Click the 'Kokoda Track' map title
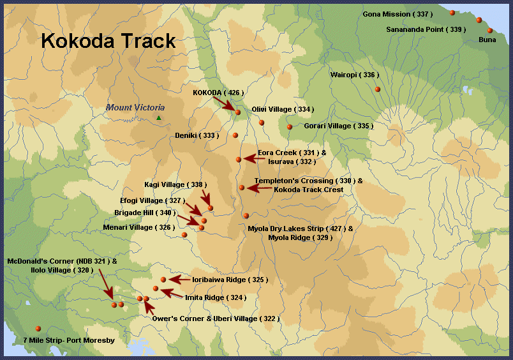pos(108,41)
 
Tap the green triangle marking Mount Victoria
pos(159,118)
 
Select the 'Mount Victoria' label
pos(135,108)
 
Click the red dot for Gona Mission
pos(452,13)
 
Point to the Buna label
pos(487,40)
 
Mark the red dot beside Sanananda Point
pos(479,20)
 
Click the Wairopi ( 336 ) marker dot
pos(378,89)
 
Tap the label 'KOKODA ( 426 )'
pos(218,93)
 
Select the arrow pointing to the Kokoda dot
pos(225,103)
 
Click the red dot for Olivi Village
pos(262,123)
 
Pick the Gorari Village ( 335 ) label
pos(338,126)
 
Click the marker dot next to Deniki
pos(235,135)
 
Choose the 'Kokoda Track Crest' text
pos(308,190)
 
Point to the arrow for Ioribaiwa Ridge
pos(180,280)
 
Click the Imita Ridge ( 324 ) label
pos(215,297)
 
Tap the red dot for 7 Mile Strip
pos(38,328)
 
